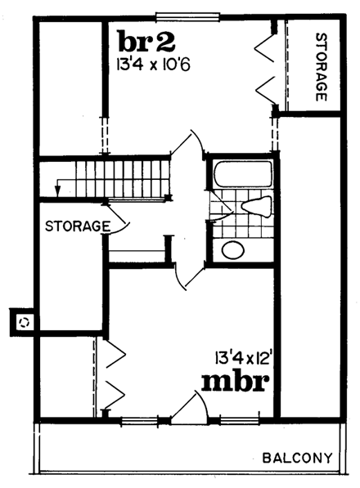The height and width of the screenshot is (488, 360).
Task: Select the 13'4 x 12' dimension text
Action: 244,356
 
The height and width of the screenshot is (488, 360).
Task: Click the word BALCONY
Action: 297,457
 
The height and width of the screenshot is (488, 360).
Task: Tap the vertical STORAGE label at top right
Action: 321,68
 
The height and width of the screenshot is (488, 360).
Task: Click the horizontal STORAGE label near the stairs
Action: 78,225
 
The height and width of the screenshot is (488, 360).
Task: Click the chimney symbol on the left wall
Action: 23,321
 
